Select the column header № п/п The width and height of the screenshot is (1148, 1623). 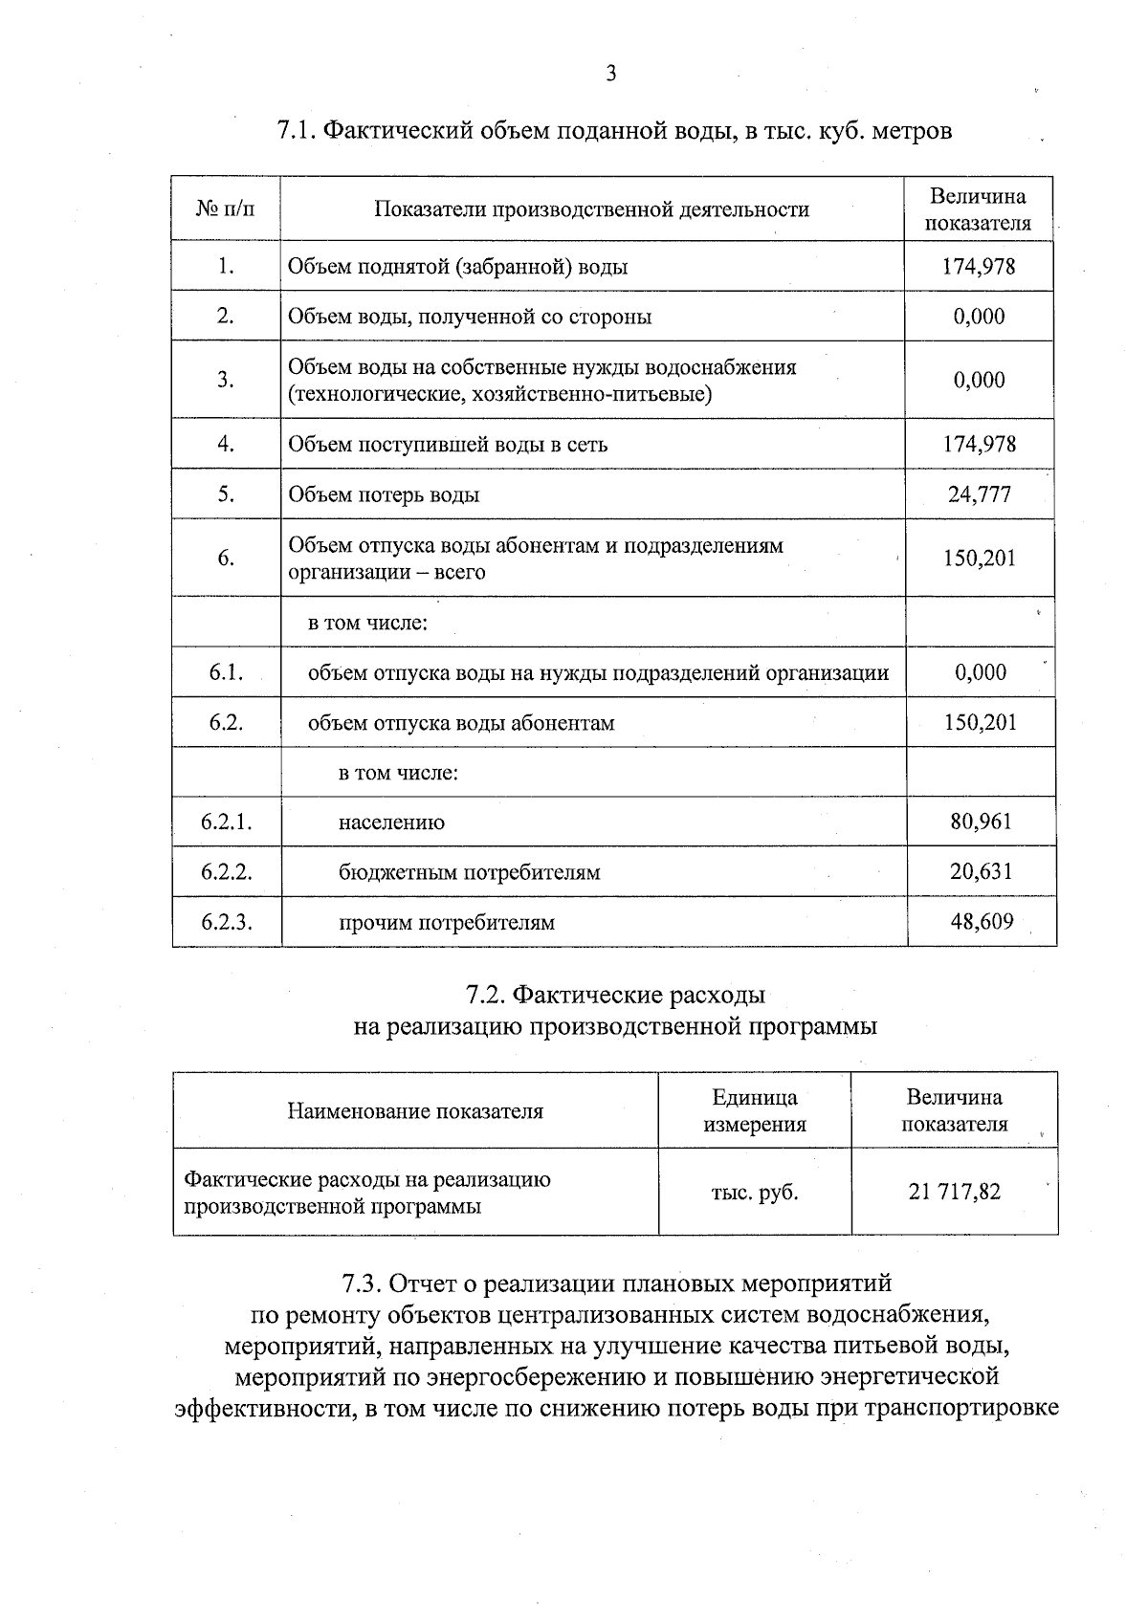226,209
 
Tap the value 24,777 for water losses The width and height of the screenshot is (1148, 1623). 980,494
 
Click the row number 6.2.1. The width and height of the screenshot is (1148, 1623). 226,822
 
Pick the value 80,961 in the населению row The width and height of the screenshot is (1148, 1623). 981,822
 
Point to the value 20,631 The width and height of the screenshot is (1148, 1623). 981,871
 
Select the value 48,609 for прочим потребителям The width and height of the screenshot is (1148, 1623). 981,922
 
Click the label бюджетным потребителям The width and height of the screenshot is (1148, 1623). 469,872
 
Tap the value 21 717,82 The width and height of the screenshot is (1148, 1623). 954,1192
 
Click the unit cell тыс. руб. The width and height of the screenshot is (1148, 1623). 754,1193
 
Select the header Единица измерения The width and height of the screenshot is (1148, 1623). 754,1110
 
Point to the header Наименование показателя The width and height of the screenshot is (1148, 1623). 415,1111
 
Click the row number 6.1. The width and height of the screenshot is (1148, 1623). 226,672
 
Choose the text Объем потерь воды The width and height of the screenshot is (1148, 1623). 384,494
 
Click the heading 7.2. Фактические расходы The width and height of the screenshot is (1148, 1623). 615,995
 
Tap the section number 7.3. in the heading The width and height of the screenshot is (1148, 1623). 362,1283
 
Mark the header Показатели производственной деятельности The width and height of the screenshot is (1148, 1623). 591,209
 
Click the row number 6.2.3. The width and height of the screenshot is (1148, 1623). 226,922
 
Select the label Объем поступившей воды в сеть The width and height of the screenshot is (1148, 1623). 448,444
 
